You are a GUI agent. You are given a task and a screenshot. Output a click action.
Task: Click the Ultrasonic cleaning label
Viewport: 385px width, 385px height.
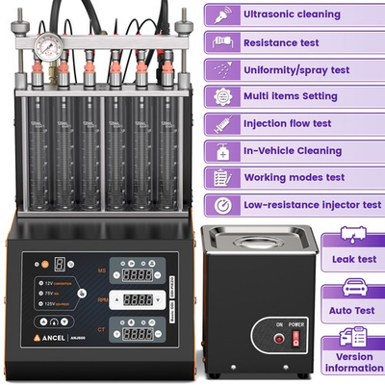coord(292,14)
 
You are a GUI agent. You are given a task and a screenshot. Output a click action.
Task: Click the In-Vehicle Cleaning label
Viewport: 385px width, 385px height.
coord(292,151)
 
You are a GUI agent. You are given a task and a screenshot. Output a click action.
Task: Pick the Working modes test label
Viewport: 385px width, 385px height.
coord(292,178)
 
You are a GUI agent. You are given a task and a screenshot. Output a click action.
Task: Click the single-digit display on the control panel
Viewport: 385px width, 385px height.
coord(61,263)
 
